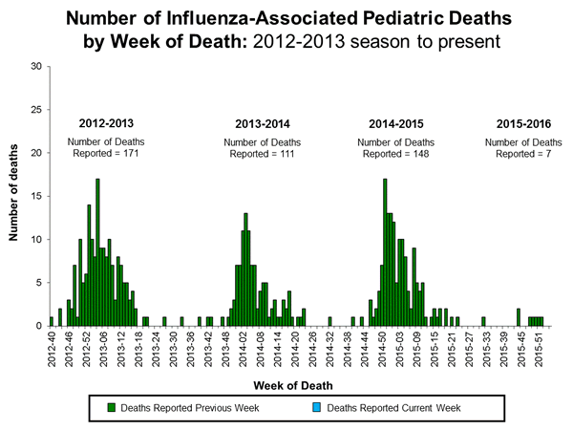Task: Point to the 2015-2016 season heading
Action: tap(522, 124)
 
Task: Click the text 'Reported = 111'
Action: tap(260, 154)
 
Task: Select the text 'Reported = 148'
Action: tap(393, 154)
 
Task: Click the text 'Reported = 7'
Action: tap(522, 154)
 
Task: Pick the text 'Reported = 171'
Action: tap(104, 154)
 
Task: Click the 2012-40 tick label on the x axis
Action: tap(52, 345)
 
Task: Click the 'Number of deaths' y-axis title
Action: tap(15, 195)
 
